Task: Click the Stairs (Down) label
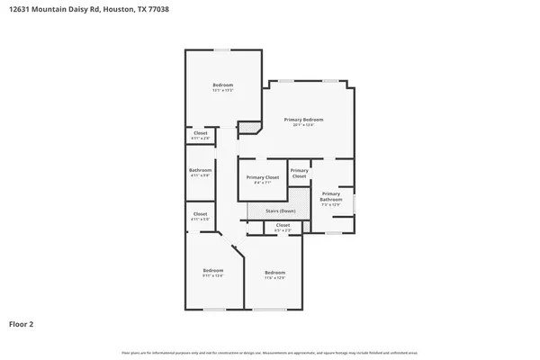point(280,211)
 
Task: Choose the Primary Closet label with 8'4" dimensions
point(263,179)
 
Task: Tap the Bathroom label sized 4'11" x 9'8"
point(200,172)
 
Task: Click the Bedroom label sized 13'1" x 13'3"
point(222,86)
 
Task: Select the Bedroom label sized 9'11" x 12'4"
point(212,272)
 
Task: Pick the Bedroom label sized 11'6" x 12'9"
point(274,274)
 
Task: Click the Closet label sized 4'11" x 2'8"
point(200,136)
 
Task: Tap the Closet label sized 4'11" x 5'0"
point(200,216)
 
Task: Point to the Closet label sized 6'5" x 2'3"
point(283,227)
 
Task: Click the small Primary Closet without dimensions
point(300,173)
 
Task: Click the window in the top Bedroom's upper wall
point(220,49)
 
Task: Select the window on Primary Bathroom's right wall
point(354,202)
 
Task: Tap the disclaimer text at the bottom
point(270,352)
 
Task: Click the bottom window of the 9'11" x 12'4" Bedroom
point(214,310)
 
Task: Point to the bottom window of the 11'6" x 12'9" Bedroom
point(266,310)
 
